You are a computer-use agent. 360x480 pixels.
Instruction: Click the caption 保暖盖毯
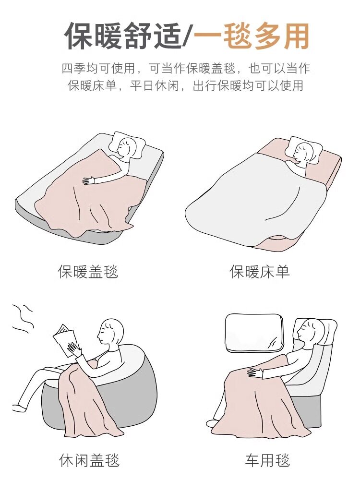(x=88, y=272)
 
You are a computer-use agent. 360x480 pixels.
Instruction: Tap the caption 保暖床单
(x=260, y=272)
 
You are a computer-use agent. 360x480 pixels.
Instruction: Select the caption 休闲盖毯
(x=89, y=461)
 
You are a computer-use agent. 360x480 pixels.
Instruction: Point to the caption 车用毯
(x=267, y=461)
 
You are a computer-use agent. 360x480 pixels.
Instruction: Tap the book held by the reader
(x=63, y=340)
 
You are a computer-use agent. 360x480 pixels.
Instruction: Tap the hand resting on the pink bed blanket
(x=89, y=180)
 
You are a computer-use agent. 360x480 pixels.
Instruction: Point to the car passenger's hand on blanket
(x=255, y=372)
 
